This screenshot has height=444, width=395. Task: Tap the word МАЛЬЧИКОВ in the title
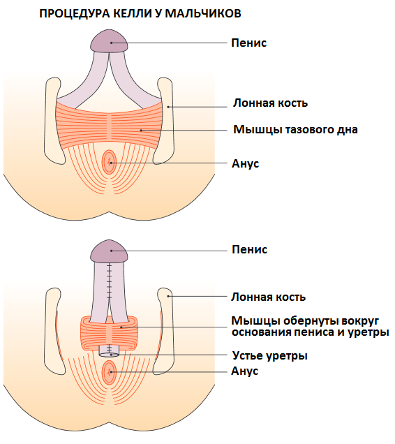click(203, 14)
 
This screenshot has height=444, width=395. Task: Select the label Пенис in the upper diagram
click(249, 43)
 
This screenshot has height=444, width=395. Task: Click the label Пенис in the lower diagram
click(249, 250)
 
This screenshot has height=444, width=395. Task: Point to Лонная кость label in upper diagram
click(270, 103)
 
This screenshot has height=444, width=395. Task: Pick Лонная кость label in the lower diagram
click(269, 297)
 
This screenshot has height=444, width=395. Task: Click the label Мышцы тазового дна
click(295, 130)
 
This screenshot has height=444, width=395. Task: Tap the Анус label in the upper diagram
click(245, 163)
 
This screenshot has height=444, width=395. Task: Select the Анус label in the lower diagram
click(245, 371)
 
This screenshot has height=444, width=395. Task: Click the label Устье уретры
click(270, 356)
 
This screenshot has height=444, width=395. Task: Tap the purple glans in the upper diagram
click(109, 41)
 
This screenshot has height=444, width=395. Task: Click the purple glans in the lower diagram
click(109, 251)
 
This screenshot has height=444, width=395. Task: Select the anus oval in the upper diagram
click(109, 162)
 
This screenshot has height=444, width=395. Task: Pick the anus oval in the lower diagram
click(109, 372)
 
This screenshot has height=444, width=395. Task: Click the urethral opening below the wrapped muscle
click(109, 355)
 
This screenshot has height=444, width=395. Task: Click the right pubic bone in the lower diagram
click(165, 332)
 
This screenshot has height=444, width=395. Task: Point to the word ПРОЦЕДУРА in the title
click(75, 14)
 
